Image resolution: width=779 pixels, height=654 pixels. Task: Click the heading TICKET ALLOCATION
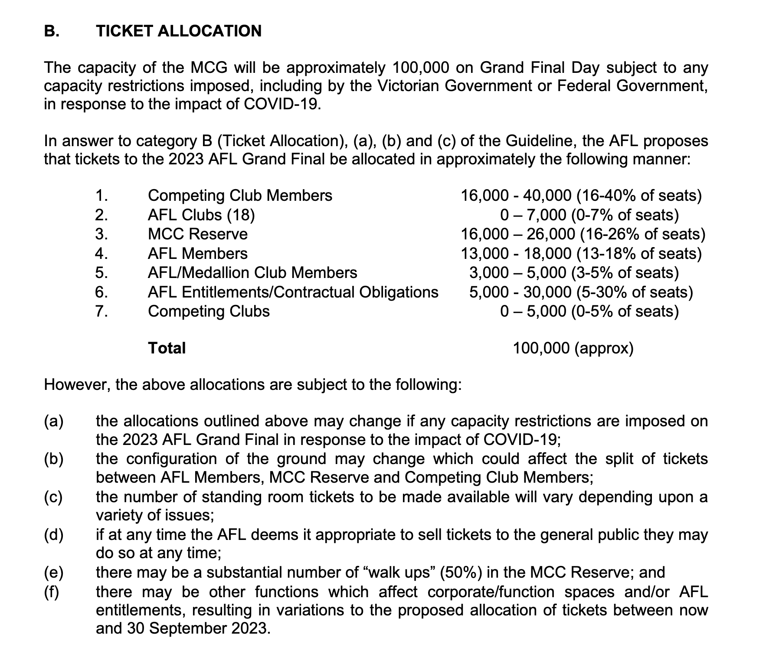[179, 31]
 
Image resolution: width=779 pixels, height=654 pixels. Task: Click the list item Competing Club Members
[240, 196]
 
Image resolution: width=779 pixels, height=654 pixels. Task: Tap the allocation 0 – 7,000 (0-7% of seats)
[589, 215]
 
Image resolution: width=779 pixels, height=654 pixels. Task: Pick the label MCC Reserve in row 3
[197, 234]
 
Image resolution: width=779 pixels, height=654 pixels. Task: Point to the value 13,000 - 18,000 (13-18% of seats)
[581, 254]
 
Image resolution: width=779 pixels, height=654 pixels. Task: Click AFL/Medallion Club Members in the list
[252, 273]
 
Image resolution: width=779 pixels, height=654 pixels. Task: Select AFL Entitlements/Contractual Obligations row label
[293, 292]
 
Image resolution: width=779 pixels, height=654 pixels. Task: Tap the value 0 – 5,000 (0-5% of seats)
[589, 311]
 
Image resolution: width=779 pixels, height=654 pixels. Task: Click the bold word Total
[167, 348]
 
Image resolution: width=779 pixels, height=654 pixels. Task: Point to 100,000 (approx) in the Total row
[573, 348]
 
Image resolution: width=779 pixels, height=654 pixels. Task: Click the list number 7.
[101, 311]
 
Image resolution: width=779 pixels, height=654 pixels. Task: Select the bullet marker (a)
[54, 421]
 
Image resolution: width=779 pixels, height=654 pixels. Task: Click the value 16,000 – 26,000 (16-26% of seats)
[583, 234]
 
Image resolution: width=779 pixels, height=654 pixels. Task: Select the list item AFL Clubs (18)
[201, 215]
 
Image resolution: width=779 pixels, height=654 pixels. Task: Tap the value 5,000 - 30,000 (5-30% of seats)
[581, 292]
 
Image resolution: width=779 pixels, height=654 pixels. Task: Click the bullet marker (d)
[54, 535]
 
